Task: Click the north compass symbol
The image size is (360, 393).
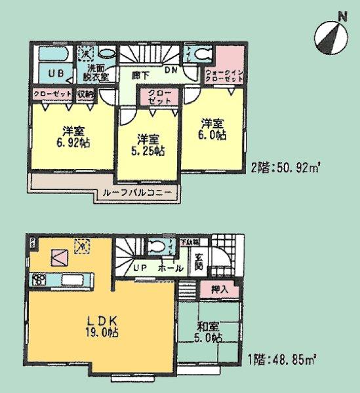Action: [332, 33]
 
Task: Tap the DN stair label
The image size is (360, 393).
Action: [171, 70]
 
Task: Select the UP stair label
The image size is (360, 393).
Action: [139, 268]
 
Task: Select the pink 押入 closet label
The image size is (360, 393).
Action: [220, 288]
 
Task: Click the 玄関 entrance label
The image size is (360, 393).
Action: [199, 262]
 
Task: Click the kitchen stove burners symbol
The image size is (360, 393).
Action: [39, 280]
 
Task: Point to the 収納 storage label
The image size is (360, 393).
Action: [85, 94]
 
